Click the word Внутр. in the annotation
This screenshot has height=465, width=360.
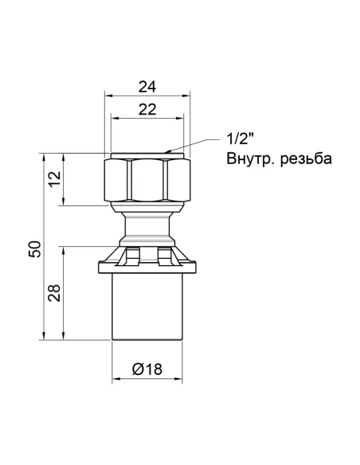(245, 159)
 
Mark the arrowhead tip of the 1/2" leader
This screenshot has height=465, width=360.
(168, 150)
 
